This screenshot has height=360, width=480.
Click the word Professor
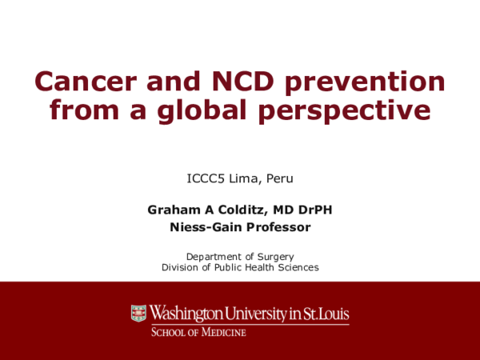[277, 227]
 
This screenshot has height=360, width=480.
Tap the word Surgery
[274, 256]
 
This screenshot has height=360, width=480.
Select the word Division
[182, 267]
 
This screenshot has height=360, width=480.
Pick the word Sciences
[295, 267]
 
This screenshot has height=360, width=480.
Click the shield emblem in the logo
[139, 314]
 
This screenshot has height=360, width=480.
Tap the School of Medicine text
[199, 331]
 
